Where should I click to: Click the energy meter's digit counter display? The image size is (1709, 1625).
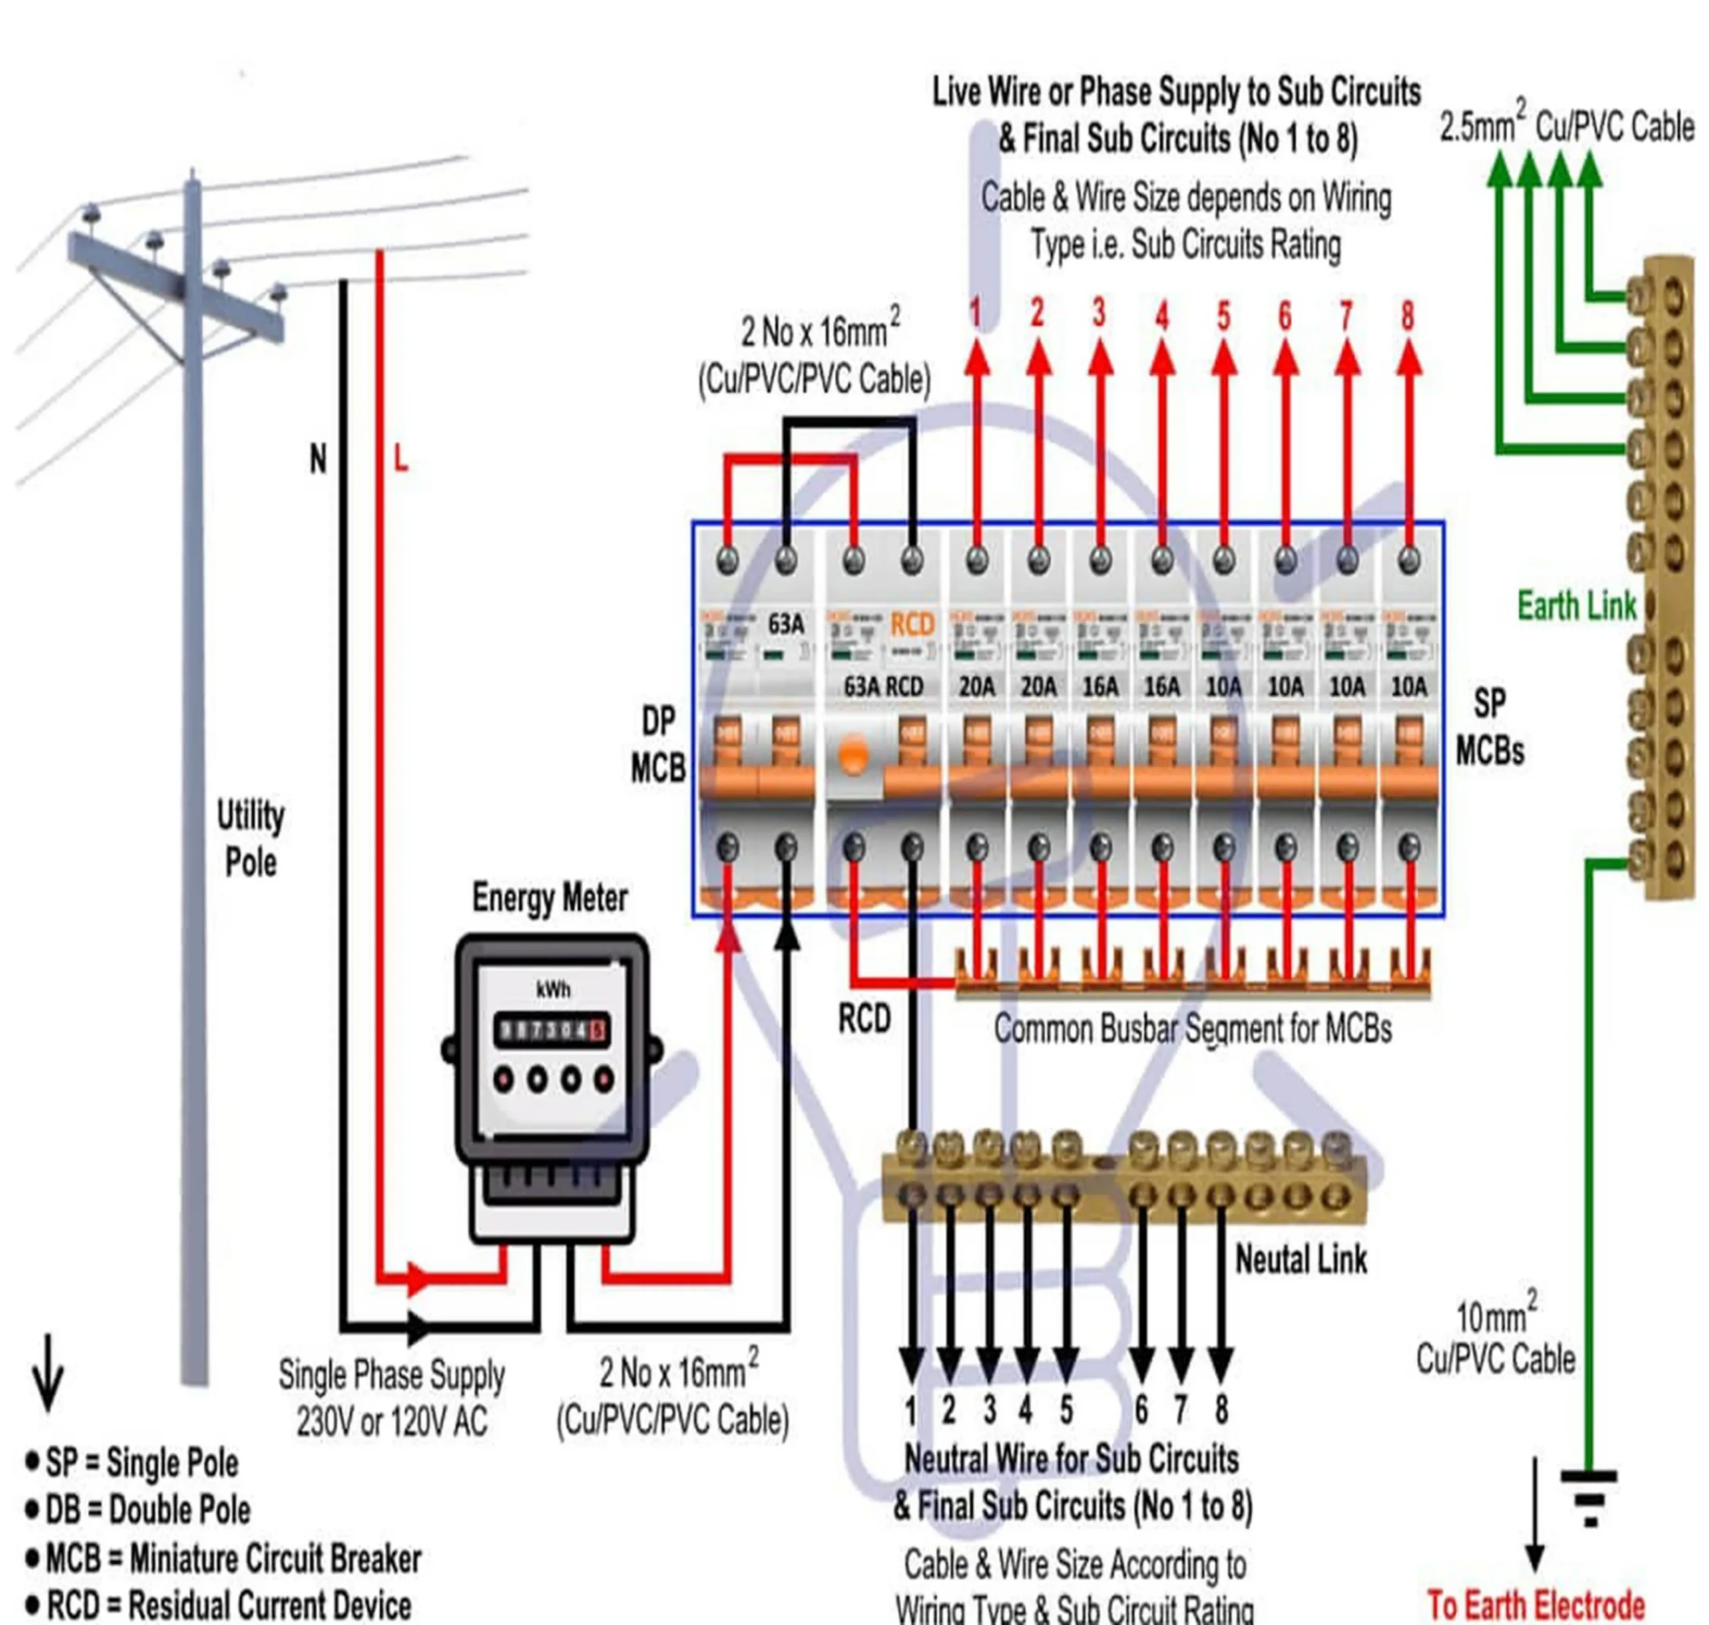[x=552, y=1030]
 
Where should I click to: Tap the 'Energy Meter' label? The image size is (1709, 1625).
[x=550, y=898]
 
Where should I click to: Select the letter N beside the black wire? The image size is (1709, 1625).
[x=318, y=458]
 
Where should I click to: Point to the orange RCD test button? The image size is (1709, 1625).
[x=854, y=755]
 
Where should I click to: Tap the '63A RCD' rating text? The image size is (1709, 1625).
[x=883, y=687]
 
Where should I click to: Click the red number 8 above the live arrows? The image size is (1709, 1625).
[x=1408, y=315]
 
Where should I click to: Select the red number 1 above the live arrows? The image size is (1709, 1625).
[x=976, y=313]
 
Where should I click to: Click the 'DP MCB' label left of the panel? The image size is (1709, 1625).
[x=658, y=745]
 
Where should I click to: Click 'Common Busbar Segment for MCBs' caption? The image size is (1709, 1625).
[x=1192, y=1029]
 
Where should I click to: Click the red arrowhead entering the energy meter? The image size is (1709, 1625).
[x=418, y=1278]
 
